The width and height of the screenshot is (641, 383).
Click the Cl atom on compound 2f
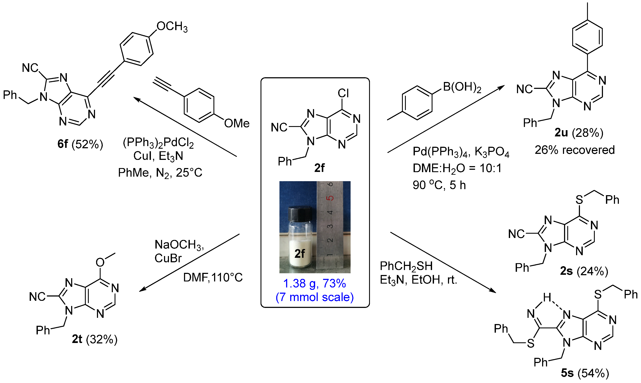343,93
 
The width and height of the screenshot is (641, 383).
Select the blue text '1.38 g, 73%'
314,283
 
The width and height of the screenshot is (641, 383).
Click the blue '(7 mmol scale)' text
314,297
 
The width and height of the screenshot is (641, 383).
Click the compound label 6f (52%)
80,144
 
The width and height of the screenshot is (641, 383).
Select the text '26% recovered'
575,150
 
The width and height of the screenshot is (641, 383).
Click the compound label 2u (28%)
579,133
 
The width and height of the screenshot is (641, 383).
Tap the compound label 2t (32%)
95,339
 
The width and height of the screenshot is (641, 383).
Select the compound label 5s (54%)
585,373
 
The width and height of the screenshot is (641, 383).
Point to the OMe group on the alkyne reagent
237,123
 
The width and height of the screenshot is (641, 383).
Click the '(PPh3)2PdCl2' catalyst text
158,142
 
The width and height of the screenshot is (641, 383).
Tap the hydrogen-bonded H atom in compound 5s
547,297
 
